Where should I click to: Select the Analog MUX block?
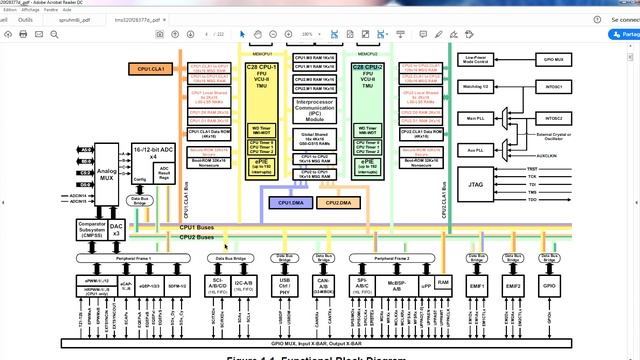pyautogui.click(x=107, y=177)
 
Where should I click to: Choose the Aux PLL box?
pyautogui.click(x=476, y=150)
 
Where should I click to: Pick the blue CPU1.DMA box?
pyautogui.click(x=291, y=203)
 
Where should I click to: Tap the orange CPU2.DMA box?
pyautogui.click(x=339, y=203)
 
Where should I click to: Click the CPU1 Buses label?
pyautogui.click(x=196, y=227)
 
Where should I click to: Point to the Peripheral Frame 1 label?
pyautogui.click(x=135, y=258)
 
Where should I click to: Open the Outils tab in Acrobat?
pyautogui.click(x=25, y=18)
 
